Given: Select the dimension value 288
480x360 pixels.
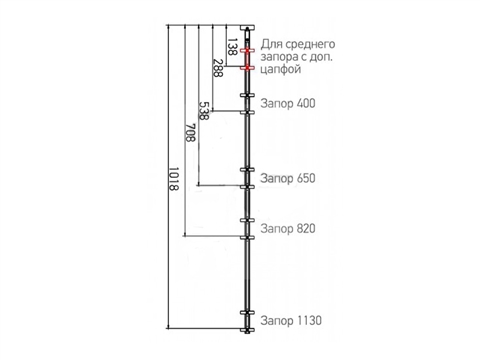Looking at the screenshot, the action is (218, 68).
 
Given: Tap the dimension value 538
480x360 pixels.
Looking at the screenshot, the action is (203, 110).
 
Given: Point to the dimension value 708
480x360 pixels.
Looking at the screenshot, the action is (190, 133).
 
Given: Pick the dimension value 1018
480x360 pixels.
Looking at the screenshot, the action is (173, 179).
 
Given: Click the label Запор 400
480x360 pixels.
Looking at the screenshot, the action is (288, 103).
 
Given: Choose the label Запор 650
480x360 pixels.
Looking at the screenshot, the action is (288, 178).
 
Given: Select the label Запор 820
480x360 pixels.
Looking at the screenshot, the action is (288, 229).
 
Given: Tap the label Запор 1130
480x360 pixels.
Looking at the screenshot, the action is (291, 321).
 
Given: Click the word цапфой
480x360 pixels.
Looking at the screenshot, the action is (281, 70).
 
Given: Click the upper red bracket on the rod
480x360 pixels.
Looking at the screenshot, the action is (247, 51).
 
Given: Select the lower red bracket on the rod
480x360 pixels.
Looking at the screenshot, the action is (247, 68).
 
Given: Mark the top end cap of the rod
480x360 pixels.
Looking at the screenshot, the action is (247, 28).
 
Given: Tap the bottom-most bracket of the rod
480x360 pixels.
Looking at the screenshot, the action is (247, 330).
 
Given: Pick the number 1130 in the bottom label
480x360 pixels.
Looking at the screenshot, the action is (309, 321).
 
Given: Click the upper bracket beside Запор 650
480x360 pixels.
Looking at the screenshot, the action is (247, 170).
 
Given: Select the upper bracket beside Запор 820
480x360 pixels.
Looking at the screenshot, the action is (247, 220).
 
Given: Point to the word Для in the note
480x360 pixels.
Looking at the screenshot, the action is (271, 45).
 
